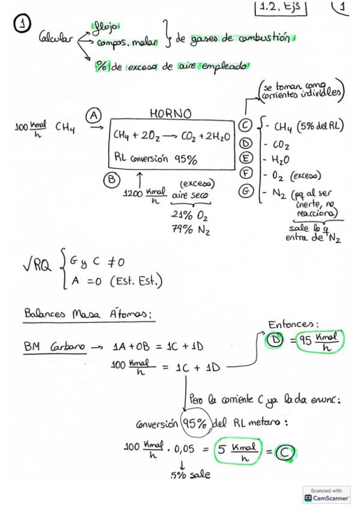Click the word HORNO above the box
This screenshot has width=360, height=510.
(171, 114)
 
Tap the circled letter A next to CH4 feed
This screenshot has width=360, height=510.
(94, 116)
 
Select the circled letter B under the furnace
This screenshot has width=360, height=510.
(111, 180)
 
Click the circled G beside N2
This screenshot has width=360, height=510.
(246, 191)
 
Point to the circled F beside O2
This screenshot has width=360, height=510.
(246, 173)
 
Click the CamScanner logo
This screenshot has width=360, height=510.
(326, 495)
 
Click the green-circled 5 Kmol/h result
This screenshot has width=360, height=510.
(238, 451)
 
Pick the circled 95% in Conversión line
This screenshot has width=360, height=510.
(195, 423)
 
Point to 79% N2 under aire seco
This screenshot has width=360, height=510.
(191, 230)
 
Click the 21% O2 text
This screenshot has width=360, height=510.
(189, 215)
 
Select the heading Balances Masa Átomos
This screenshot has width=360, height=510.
(88, 314)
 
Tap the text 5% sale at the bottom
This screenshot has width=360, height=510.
(191, 475)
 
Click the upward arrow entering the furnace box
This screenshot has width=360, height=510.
(139, 180)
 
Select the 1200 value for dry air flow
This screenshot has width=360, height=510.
(133, 194)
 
